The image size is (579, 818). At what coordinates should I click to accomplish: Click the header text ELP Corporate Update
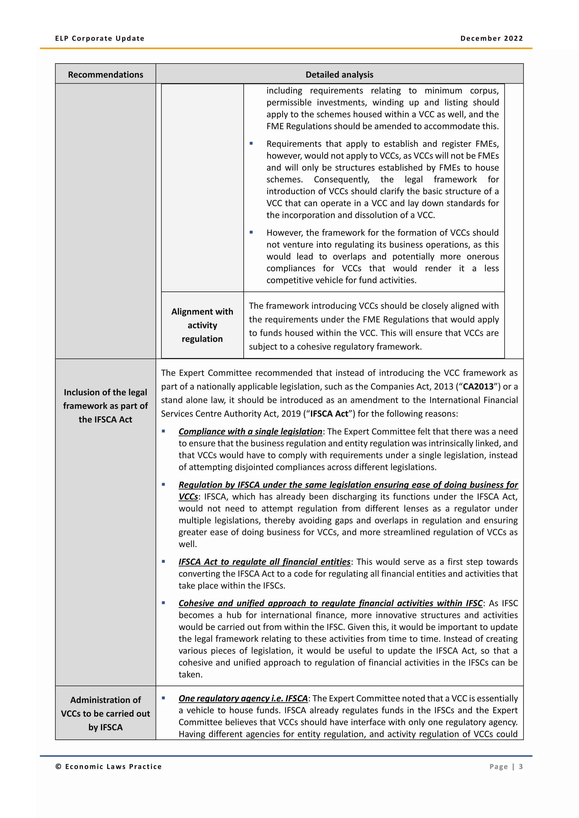(x=100, y=38)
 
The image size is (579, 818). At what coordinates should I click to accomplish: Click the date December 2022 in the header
(x=491, y=38)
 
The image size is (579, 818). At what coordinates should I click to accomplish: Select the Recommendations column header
(x=105, y=75)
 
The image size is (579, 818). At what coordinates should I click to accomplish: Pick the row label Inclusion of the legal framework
(x=105, y=406)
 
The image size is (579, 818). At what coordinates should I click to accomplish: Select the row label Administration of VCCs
(x=105, y=713)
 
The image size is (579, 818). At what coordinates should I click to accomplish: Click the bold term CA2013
(x=478, y=387)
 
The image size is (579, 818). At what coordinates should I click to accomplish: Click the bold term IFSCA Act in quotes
(x=329, y=414)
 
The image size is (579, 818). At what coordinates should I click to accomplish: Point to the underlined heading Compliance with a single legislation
(x=250, y=431)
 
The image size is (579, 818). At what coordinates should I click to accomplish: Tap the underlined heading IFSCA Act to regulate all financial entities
(x=264, y=562)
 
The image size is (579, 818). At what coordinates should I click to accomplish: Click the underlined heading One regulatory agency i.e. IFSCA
(x=243, y=698)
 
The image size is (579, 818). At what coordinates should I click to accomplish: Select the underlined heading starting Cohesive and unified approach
(x=330, y=603)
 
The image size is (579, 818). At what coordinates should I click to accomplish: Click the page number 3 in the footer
(x=520, y=767)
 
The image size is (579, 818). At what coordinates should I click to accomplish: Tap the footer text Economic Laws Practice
(x=113, y=767)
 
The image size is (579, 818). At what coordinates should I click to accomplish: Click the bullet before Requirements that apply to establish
(x=251, y=143)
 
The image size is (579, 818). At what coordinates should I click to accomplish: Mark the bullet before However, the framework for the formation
(x=251, y=232)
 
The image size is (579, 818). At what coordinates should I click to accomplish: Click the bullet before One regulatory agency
(x=163, y=698)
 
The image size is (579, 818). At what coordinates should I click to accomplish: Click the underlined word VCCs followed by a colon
(x=188, y=497)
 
